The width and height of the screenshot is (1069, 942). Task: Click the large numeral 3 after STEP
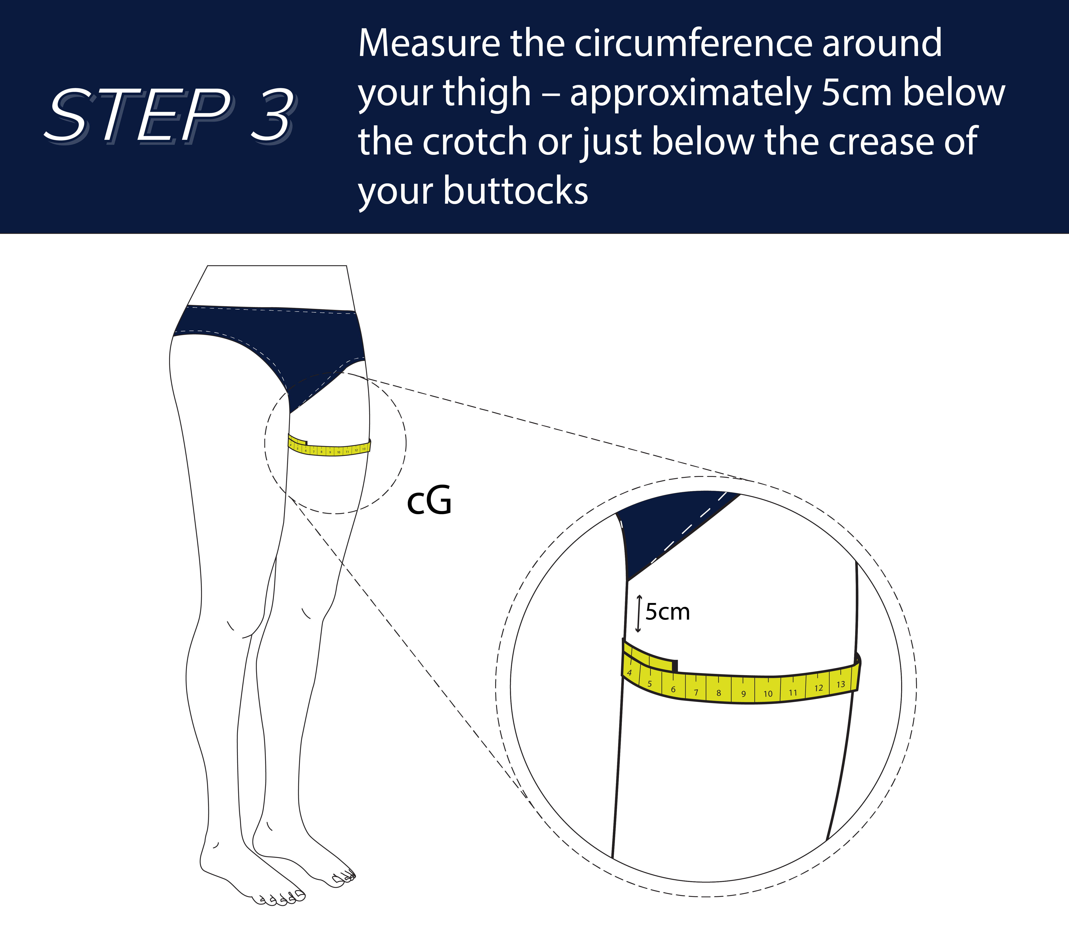coord(272,115)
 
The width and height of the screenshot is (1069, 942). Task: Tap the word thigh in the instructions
coord(486,93)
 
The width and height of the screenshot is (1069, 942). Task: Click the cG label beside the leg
coord(429,501)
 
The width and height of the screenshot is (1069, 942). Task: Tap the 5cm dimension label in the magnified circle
coord(667,612)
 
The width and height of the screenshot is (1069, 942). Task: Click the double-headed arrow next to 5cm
coord(638,613)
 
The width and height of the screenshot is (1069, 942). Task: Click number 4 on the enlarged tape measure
coord(630,673)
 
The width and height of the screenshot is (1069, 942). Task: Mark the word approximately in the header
coord(690,93)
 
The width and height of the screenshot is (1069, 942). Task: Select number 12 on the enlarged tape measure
coord(818,688)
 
